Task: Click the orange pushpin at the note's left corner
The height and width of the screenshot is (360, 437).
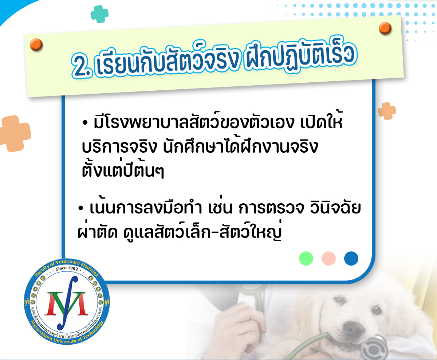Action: click(x=36, y=44)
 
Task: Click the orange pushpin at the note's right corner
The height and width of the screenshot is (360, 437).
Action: click(x=385, y=28)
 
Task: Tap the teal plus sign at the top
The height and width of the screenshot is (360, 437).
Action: click(x=99, y=14)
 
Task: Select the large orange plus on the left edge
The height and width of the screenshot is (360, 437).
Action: click(x=15, y=134)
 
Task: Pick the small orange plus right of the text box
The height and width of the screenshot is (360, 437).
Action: click(x=387, y=111)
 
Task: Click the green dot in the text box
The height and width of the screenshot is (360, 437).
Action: click(x=306, y=259)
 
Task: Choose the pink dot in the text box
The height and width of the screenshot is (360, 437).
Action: click(x=328, y=259)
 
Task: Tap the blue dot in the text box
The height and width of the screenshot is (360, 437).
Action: click(x=351, y=259)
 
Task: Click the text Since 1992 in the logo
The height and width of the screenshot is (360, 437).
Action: click(x=67, y=269)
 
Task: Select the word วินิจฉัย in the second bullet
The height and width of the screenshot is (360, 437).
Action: click(x=335, y=208)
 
